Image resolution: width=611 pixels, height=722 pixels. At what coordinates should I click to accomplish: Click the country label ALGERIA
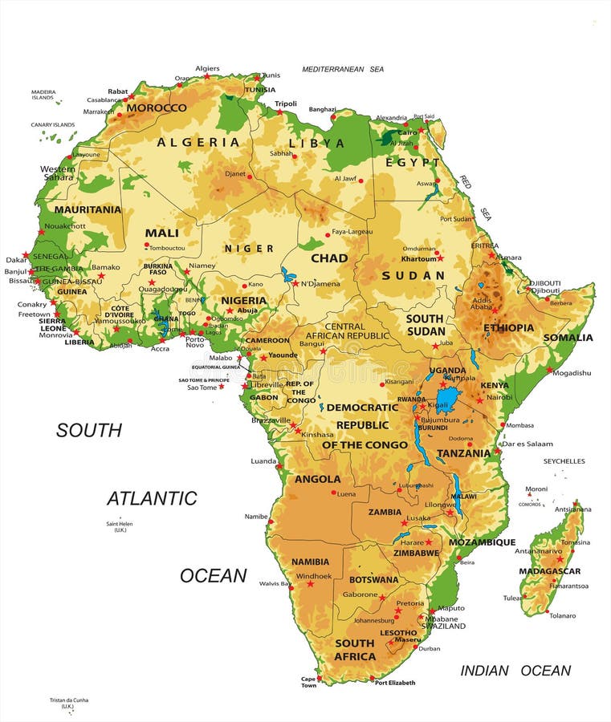pyautogui.click(x=198, y=142)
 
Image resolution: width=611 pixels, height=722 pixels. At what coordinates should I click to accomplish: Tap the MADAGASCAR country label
pyautogui.click(x=550, y=571)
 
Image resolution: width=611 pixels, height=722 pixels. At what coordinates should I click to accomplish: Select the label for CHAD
pyautogui.click(x=329, y=258)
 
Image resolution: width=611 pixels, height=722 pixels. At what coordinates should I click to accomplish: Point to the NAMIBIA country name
pyautogui.click(x=310, y=562)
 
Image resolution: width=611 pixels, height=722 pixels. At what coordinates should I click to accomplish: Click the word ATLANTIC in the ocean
pyautogui.click(x=152, y=498)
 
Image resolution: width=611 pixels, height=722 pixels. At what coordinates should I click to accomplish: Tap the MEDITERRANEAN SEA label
pyautogui.click(x=343, y=69)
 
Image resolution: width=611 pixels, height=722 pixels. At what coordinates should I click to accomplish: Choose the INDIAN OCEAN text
pyautogui.click(x=515, y=671)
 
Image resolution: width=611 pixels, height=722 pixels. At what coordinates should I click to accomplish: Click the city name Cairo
pyautogui.click(x=407, y=132)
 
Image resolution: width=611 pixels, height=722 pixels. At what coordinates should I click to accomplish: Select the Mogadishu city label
pyautogui.click(x=572, y=372)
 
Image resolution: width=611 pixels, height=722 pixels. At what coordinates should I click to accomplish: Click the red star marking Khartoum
pyautogui.click(x=440, y=258)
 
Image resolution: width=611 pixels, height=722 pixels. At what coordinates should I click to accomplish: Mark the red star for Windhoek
pyautogui.click(x=311, y=583)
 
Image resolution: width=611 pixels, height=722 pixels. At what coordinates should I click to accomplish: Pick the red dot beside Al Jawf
pyautogui.click(x=360, y=180)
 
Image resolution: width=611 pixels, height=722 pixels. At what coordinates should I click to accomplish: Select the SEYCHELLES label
pyautogui.click(x=564, y=461)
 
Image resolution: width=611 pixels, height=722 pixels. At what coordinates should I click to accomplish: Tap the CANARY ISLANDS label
pyautogui.click(x=53, y=124)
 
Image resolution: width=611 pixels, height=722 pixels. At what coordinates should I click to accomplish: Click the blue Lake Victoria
pyautogui.click(x=446, y=396)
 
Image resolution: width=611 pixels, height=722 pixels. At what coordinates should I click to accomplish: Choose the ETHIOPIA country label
pyautogui.click(x=508, y=327)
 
